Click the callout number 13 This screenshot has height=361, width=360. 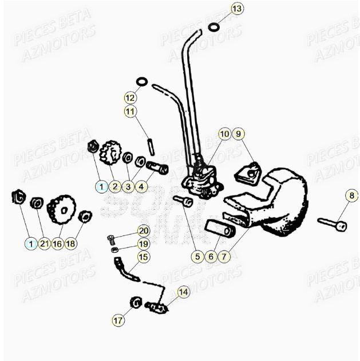(236, 9)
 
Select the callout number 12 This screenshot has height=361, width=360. (131, 97)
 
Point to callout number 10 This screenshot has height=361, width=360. (224, 134)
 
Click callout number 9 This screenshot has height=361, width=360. (239, 134)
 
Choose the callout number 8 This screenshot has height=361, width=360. (351, 197)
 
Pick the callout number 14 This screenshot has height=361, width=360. (183, 292)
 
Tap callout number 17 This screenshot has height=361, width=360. (118, 321)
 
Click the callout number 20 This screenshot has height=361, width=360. (143, 231)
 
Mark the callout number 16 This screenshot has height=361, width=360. (57, 244)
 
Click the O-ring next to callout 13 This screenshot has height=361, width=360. (213, 26)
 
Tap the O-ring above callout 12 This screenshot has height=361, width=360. (142, 82)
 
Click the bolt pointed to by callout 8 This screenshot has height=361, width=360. (332, 223)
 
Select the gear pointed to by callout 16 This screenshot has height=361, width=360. (61, 210)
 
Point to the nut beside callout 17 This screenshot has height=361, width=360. (137, 301)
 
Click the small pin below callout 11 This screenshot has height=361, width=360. (151, 143)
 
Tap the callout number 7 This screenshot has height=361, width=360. (225, 257)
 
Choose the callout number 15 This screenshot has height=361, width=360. (143, 257)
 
